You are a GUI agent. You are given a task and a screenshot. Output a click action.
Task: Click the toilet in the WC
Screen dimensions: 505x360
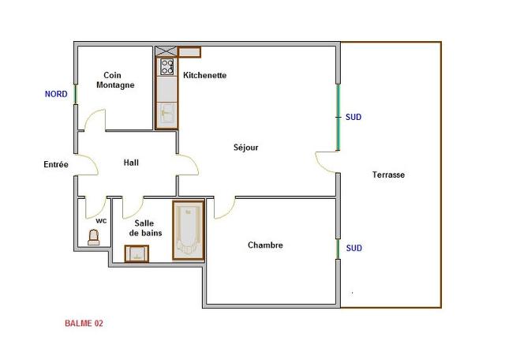tap(93, 237)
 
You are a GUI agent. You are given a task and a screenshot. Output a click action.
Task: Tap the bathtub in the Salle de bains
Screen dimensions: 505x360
tap(189, 230)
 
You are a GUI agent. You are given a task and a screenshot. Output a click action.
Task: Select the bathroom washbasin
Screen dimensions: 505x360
tap(137, 253)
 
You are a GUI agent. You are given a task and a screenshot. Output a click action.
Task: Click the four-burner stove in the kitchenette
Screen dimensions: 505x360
tap(167, 67)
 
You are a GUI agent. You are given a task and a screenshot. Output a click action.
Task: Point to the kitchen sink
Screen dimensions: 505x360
tap(166, 113)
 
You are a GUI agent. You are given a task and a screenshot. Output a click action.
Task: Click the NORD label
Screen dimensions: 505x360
tap(56, 94)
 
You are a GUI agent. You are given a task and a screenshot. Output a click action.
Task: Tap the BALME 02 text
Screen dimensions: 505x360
tap(84, 323)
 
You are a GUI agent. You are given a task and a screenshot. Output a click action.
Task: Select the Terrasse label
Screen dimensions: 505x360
tap(388, 174)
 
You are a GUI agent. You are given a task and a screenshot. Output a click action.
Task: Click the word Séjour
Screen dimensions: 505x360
tap(245, 148)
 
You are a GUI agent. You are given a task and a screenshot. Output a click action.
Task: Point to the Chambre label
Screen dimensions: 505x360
tap(265, 245)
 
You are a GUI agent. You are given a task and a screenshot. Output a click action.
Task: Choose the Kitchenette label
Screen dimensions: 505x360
tap(205, 75)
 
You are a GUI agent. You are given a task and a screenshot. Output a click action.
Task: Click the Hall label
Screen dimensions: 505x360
tap(131, 163)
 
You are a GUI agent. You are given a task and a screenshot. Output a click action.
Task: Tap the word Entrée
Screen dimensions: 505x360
tap(56, 164)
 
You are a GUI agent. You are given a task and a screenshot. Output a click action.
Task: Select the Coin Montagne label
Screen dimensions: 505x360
tap(115, 80)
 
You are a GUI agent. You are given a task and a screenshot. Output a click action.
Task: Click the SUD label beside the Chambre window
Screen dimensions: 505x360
tap(354, 248)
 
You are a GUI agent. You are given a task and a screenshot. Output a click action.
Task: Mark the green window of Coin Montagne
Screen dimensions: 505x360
tap(76, 94)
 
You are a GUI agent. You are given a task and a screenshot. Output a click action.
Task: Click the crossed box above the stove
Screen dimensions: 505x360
tap(166, 51)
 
